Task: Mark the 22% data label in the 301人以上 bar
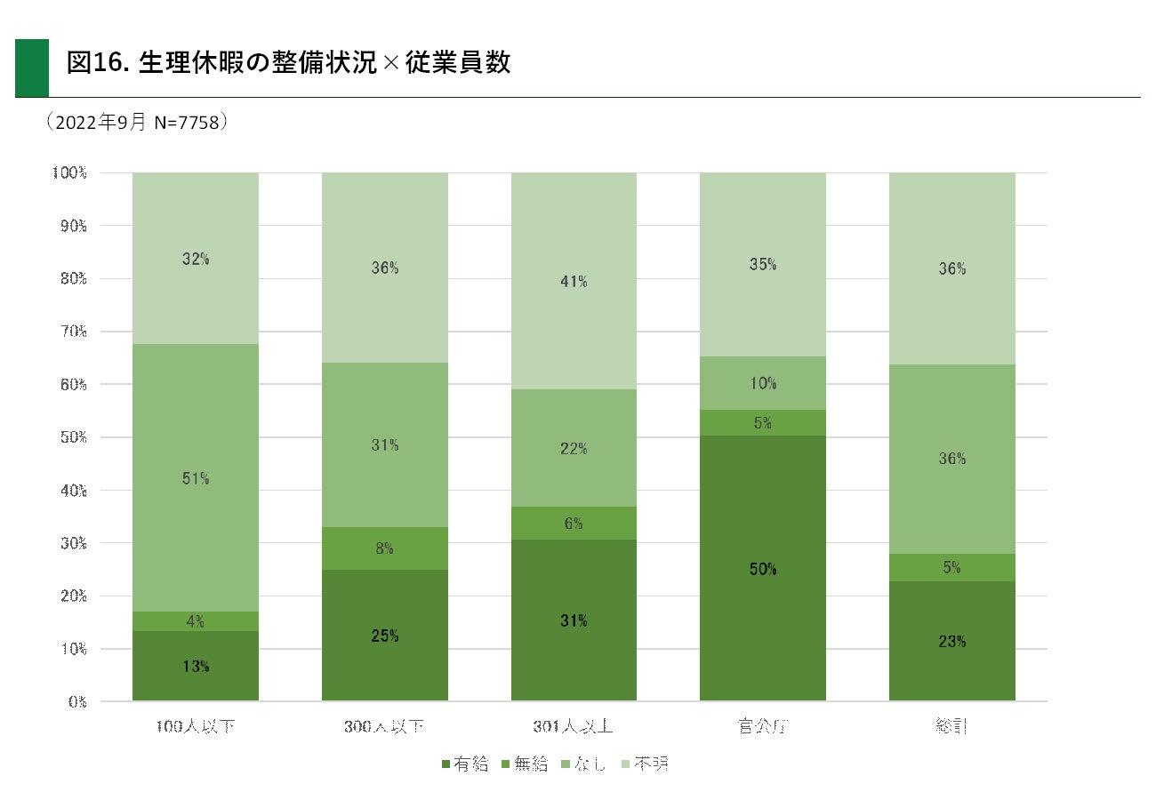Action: coord(574,449)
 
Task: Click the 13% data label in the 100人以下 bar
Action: coord(196,666)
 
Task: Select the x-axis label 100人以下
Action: coord(196,726)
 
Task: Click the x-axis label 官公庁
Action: coord(763,726)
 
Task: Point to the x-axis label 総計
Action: coord(951,726)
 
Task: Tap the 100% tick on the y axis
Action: coord(69,172)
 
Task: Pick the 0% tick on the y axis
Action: coord(76,701)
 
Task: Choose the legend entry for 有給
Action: coord(465,764)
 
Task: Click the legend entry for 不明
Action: coord(646,764)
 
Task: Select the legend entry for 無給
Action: coord(526,764)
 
